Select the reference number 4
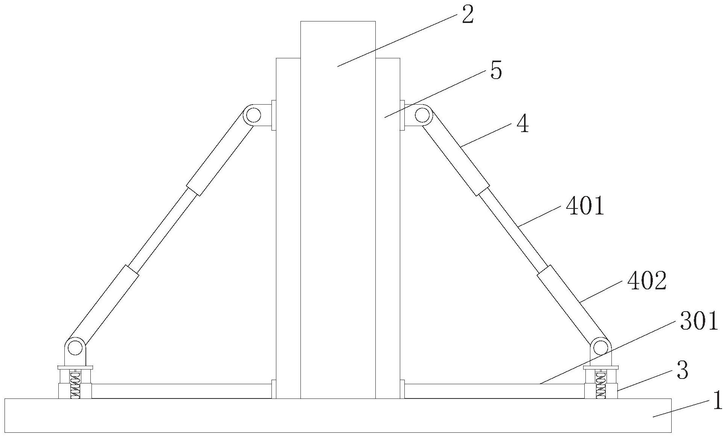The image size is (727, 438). [x=522, y=124]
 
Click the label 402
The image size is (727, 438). [x=647, y=281]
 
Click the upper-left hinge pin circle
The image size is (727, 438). [x=254, y=116]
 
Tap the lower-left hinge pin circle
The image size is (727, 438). [x=75, y=348]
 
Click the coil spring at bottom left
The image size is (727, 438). [x=75, y=385]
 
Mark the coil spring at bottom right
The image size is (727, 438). [x=600, y=385]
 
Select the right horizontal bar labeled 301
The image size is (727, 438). [x=493, y=391]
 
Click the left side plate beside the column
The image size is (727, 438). [x=288, y=226]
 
